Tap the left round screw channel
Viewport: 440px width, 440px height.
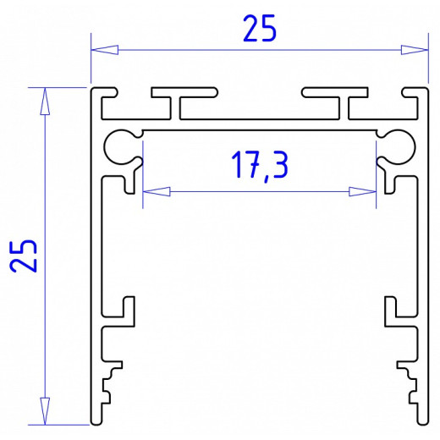pyautogui.click(x=120, y=146)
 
